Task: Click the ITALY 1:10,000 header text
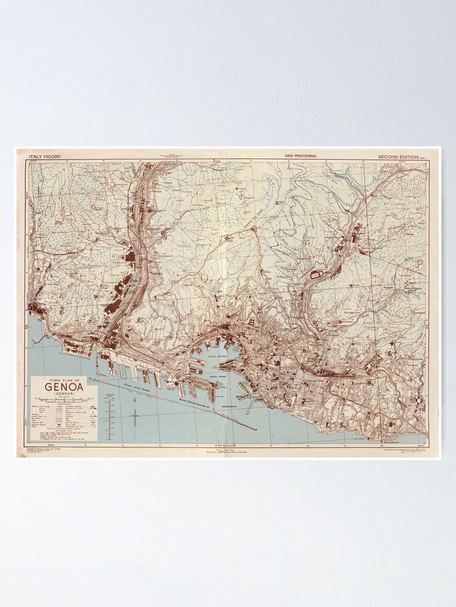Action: click(x=44, y=157)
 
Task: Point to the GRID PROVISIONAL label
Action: click(x=300, y=157)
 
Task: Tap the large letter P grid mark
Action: click(x=418, y=263)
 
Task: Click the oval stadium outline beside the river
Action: click(x=317, y=274)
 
